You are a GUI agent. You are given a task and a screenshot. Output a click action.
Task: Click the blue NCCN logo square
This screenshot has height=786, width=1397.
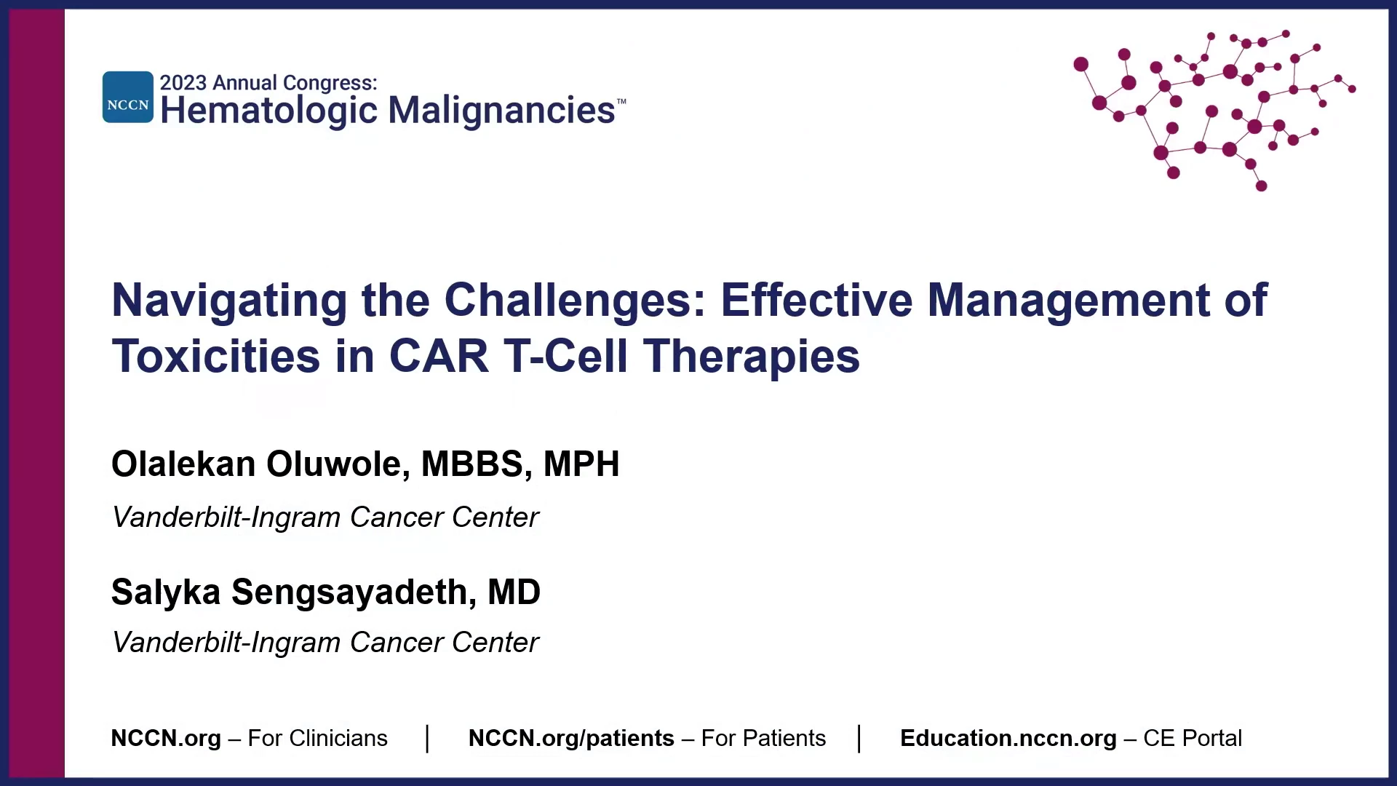point(128,97)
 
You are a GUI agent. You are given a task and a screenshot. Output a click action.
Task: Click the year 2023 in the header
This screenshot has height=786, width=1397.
point(183,83)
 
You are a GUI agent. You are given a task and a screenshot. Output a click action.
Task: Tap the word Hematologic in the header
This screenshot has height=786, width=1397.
point(269,111)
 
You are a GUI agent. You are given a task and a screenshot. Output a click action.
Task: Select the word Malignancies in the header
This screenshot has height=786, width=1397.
point(501,111)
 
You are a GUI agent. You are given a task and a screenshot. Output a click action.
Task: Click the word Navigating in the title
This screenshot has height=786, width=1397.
point(229,301)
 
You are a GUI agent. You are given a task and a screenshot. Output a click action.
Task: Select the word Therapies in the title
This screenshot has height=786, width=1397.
point(751,357)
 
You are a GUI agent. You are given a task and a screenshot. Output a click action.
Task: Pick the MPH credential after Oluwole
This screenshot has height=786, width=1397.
point(581,464)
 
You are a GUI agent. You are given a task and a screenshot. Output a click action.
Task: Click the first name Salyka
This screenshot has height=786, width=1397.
point(166,592)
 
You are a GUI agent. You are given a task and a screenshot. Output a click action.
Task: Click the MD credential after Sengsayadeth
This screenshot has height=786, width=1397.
point(514,592)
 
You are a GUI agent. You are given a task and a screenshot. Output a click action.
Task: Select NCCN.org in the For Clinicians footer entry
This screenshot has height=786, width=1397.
point(166,739)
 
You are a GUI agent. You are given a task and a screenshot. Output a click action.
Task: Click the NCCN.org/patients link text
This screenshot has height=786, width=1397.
point(571,739)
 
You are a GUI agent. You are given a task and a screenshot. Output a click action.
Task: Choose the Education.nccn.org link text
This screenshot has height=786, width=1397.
point(1008,739)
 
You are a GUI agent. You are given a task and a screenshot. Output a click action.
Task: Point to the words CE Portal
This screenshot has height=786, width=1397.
point(1193,738)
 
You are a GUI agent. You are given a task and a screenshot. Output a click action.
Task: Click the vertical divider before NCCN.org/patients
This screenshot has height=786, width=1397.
point(428,739)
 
